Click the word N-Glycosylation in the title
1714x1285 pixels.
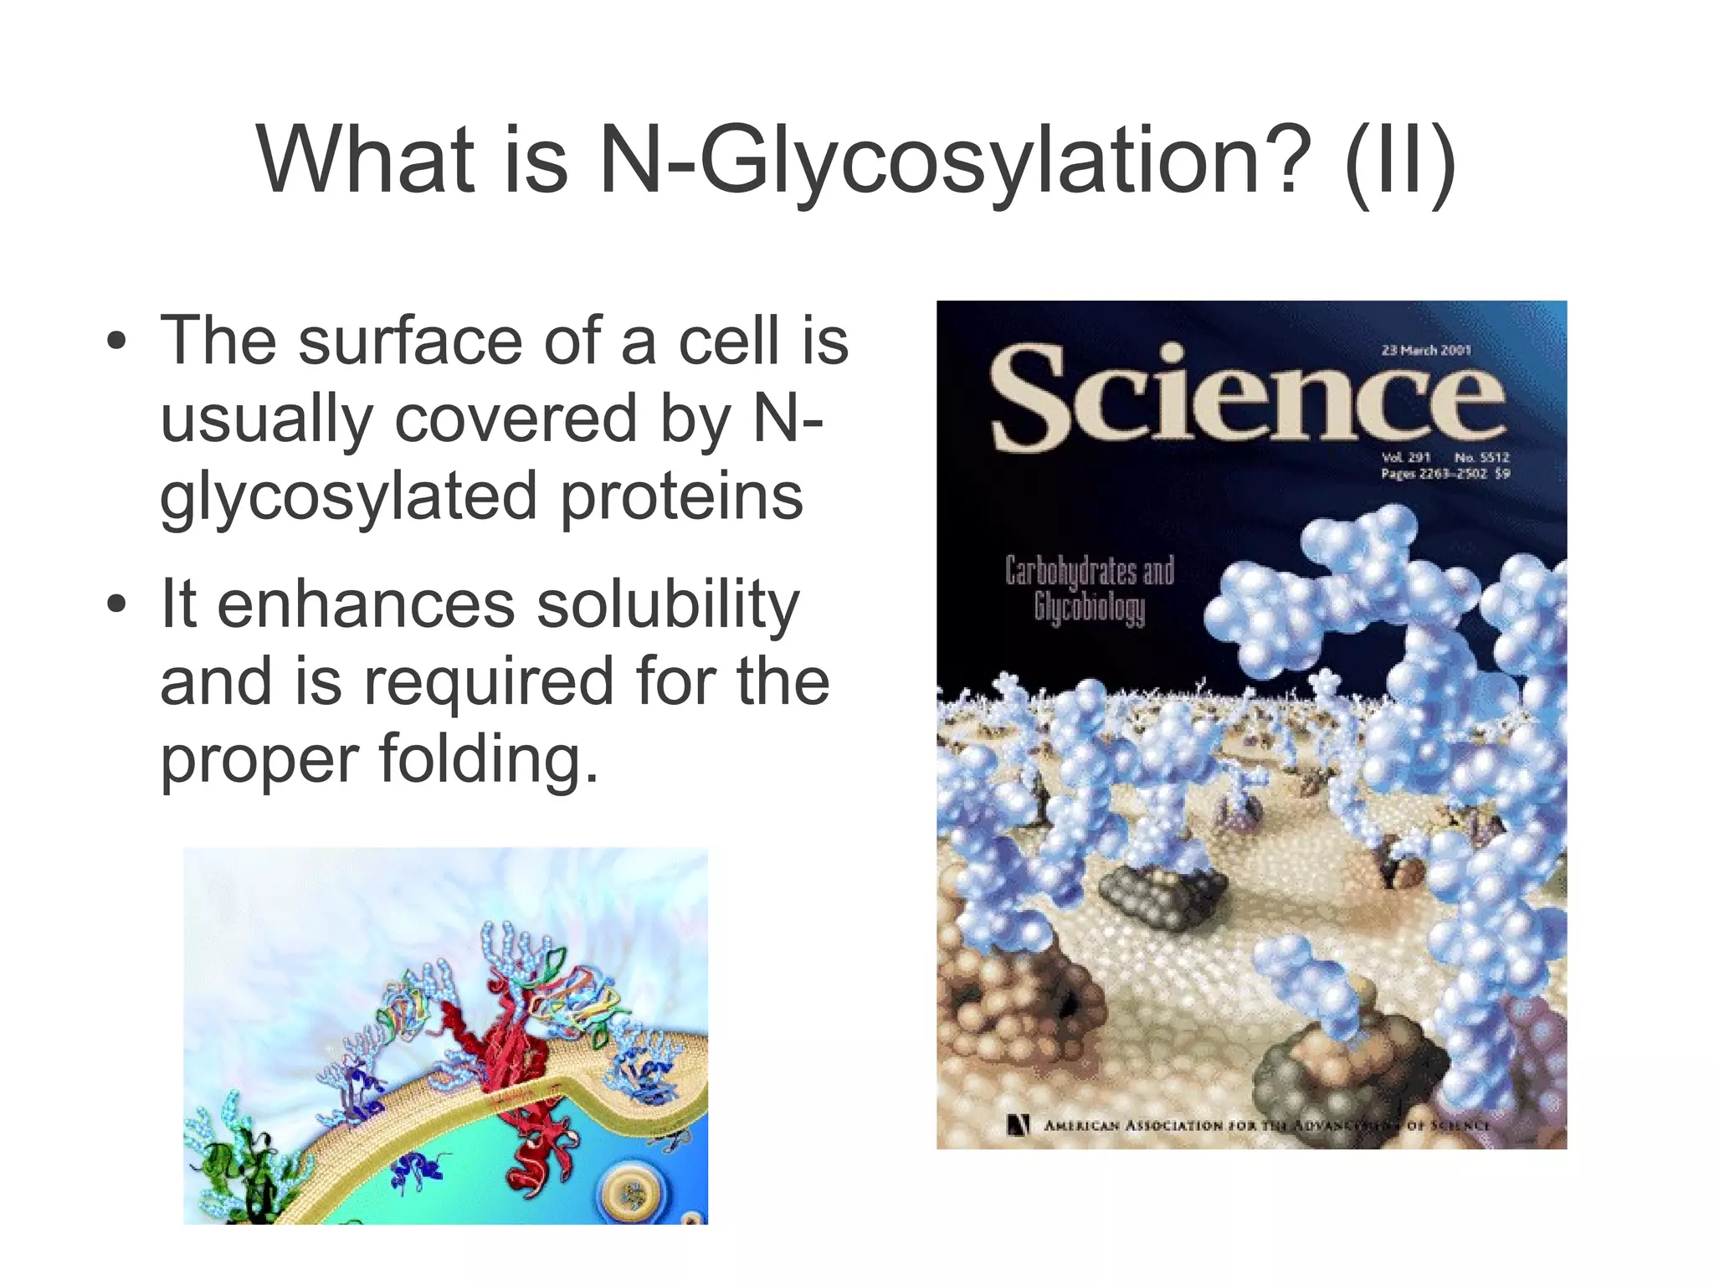pyautogui.click(x=950, y=159)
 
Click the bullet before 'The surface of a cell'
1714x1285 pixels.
pyautogui.click(x=117, y=342)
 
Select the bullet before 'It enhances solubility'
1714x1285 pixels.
pyautogui.click(x=117, y=604)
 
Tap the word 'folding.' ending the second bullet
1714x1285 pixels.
pyautogui.click(x=489, y=759)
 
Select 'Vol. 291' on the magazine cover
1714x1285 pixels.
pyautogui.click(x=1406, y=457)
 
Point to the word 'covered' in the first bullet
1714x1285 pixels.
pyautogui.click(x=516, y=419)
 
